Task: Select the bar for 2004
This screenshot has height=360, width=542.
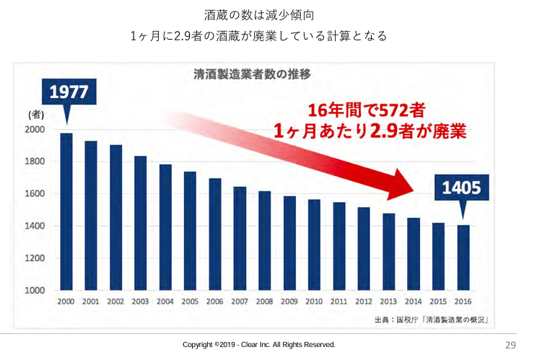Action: coord(165,227)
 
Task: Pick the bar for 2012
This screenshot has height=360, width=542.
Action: coord(364,249)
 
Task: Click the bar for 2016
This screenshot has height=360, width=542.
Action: coord(463,258)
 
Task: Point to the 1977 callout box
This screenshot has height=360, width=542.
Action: coord(69,92)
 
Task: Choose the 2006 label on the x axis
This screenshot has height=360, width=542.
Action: coord(215,302)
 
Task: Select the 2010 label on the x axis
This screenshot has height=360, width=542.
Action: coord(314,302)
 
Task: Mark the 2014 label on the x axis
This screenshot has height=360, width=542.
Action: coord(414,302)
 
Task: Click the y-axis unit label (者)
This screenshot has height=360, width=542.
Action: coord(37,113)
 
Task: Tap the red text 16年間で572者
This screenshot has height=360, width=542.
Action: coord(365,111)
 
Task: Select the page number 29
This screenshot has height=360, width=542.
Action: coord(510,345)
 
